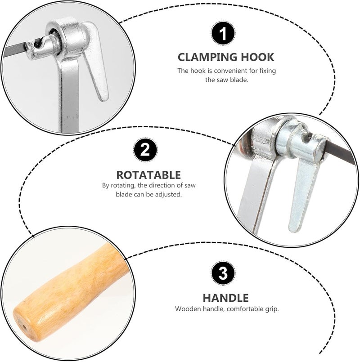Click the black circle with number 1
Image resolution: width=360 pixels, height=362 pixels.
click(223, 33)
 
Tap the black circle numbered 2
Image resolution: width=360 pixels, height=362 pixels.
click(145, 150)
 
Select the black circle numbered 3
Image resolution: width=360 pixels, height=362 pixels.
click(223, 273)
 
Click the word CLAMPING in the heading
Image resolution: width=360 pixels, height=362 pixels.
click(207, 57)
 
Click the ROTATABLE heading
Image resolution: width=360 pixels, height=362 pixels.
click(148, 175)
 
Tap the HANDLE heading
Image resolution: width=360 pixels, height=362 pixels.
click(225, 298)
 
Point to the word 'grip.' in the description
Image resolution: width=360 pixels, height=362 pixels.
click(272, 309)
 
